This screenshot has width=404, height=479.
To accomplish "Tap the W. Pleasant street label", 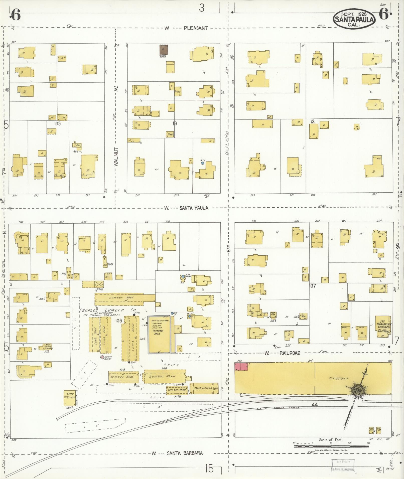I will (186, 28).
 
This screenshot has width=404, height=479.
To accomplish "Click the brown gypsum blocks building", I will (164, 49).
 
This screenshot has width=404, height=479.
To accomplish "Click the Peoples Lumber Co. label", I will (108, 310).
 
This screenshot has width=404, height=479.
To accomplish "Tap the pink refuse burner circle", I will (102, 357).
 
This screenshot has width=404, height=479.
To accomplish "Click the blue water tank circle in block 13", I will (202, 163).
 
